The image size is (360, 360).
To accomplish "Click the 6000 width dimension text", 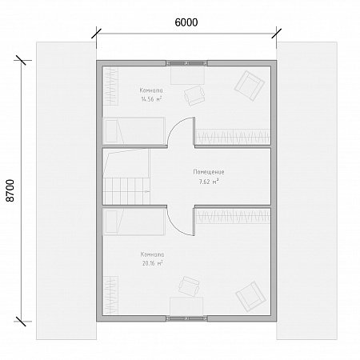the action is point(186,22).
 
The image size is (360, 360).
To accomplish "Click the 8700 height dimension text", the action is point(10,190).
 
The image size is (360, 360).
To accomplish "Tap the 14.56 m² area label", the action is point(151,99).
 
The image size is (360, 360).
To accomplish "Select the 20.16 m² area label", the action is point(152,263).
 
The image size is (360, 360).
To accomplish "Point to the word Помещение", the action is point(209,172).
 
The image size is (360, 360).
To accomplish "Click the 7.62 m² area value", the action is point(209,182).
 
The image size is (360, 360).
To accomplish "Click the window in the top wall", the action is point(186,63).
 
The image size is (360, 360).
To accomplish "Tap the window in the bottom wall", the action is point(186,318).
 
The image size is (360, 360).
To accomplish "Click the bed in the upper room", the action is point(134,131).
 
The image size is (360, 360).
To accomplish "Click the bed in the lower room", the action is point(134,222).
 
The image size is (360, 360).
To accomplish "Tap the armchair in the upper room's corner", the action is point(250,86).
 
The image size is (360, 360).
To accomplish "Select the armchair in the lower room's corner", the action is point(250,296).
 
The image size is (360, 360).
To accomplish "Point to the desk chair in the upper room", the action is point(194,95).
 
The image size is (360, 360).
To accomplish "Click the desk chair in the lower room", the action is point(189,286).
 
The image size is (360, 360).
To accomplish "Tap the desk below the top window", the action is point(187,75).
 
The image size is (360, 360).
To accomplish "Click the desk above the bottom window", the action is point(186,306).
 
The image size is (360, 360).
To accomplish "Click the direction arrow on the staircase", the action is point(146,191).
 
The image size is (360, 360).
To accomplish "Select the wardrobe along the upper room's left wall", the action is point(110,86).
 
